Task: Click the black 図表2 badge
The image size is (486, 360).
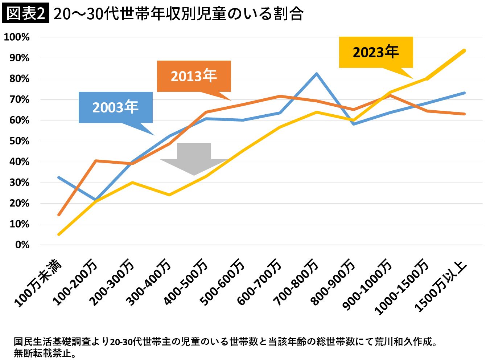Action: coord(25,14)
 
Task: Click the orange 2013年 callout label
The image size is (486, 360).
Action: coord(194,76)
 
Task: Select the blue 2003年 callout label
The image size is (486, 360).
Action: coord(115,107)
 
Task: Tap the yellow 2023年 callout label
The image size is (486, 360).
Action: coord(376,52)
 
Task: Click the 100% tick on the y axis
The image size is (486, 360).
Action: coord(17,37)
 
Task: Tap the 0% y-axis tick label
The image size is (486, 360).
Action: coord(22,245)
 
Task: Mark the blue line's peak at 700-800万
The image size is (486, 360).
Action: coord(317,74)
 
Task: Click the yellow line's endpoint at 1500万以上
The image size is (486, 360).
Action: coord(464,51)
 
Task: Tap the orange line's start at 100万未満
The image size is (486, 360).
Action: coord(59,215)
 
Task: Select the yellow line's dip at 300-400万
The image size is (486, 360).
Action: coord(169,195)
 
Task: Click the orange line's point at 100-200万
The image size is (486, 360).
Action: coord(95,160)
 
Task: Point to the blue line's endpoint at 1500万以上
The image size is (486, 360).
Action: coord(464,93)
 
